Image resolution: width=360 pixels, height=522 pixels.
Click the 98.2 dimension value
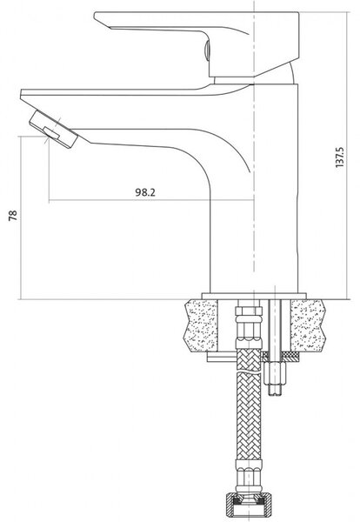145,192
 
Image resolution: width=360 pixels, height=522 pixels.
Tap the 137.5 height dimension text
340,157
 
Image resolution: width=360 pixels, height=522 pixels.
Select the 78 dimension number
13,216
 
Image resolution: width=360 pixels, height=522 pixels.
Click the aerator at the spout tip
53,129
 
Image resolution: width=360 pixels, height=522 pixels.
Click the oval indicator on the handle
206,50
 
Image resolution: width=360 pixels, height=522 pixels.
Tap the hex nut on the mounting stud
275,373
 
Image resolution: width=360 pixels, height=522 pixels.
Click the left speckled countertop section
202,325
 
